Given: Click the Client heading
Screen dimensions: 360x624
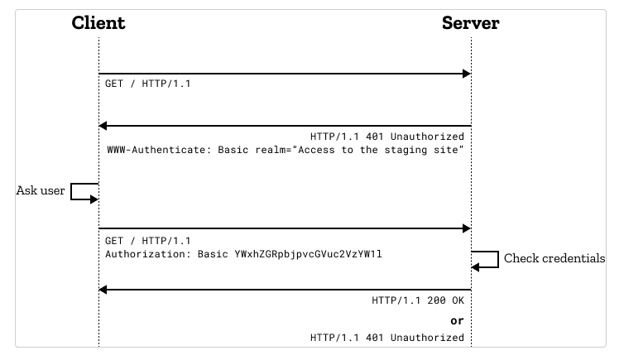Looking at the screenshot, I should [98, 23].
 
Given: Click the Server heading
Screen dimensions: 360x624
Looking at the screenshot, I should [470, 23].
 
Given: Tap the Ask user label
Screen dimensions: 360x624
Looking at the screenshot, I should [41, 190].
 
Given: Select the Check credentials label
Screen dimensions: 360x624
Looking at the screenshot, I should [554, 259].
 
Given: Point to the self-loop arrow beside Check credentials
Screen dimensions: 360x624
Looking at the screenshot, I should [486, 259].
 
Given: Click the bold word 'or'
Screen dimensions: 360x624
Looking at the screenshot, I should [457, 321].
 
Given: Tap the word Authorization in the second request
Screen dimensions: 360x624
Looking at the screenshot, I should [148, 255].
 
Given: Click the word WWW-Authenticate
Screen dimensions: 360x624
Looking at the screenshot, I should [157, 151].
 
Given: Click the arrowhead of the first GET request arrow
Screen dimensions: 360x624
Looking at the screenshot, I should [467, 74].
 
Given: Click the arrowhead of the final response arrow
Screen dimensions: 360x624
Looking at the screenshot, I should [103, 290].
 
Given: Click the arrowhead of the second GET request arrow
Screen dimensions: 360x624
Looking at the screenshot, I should [467, 228].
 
